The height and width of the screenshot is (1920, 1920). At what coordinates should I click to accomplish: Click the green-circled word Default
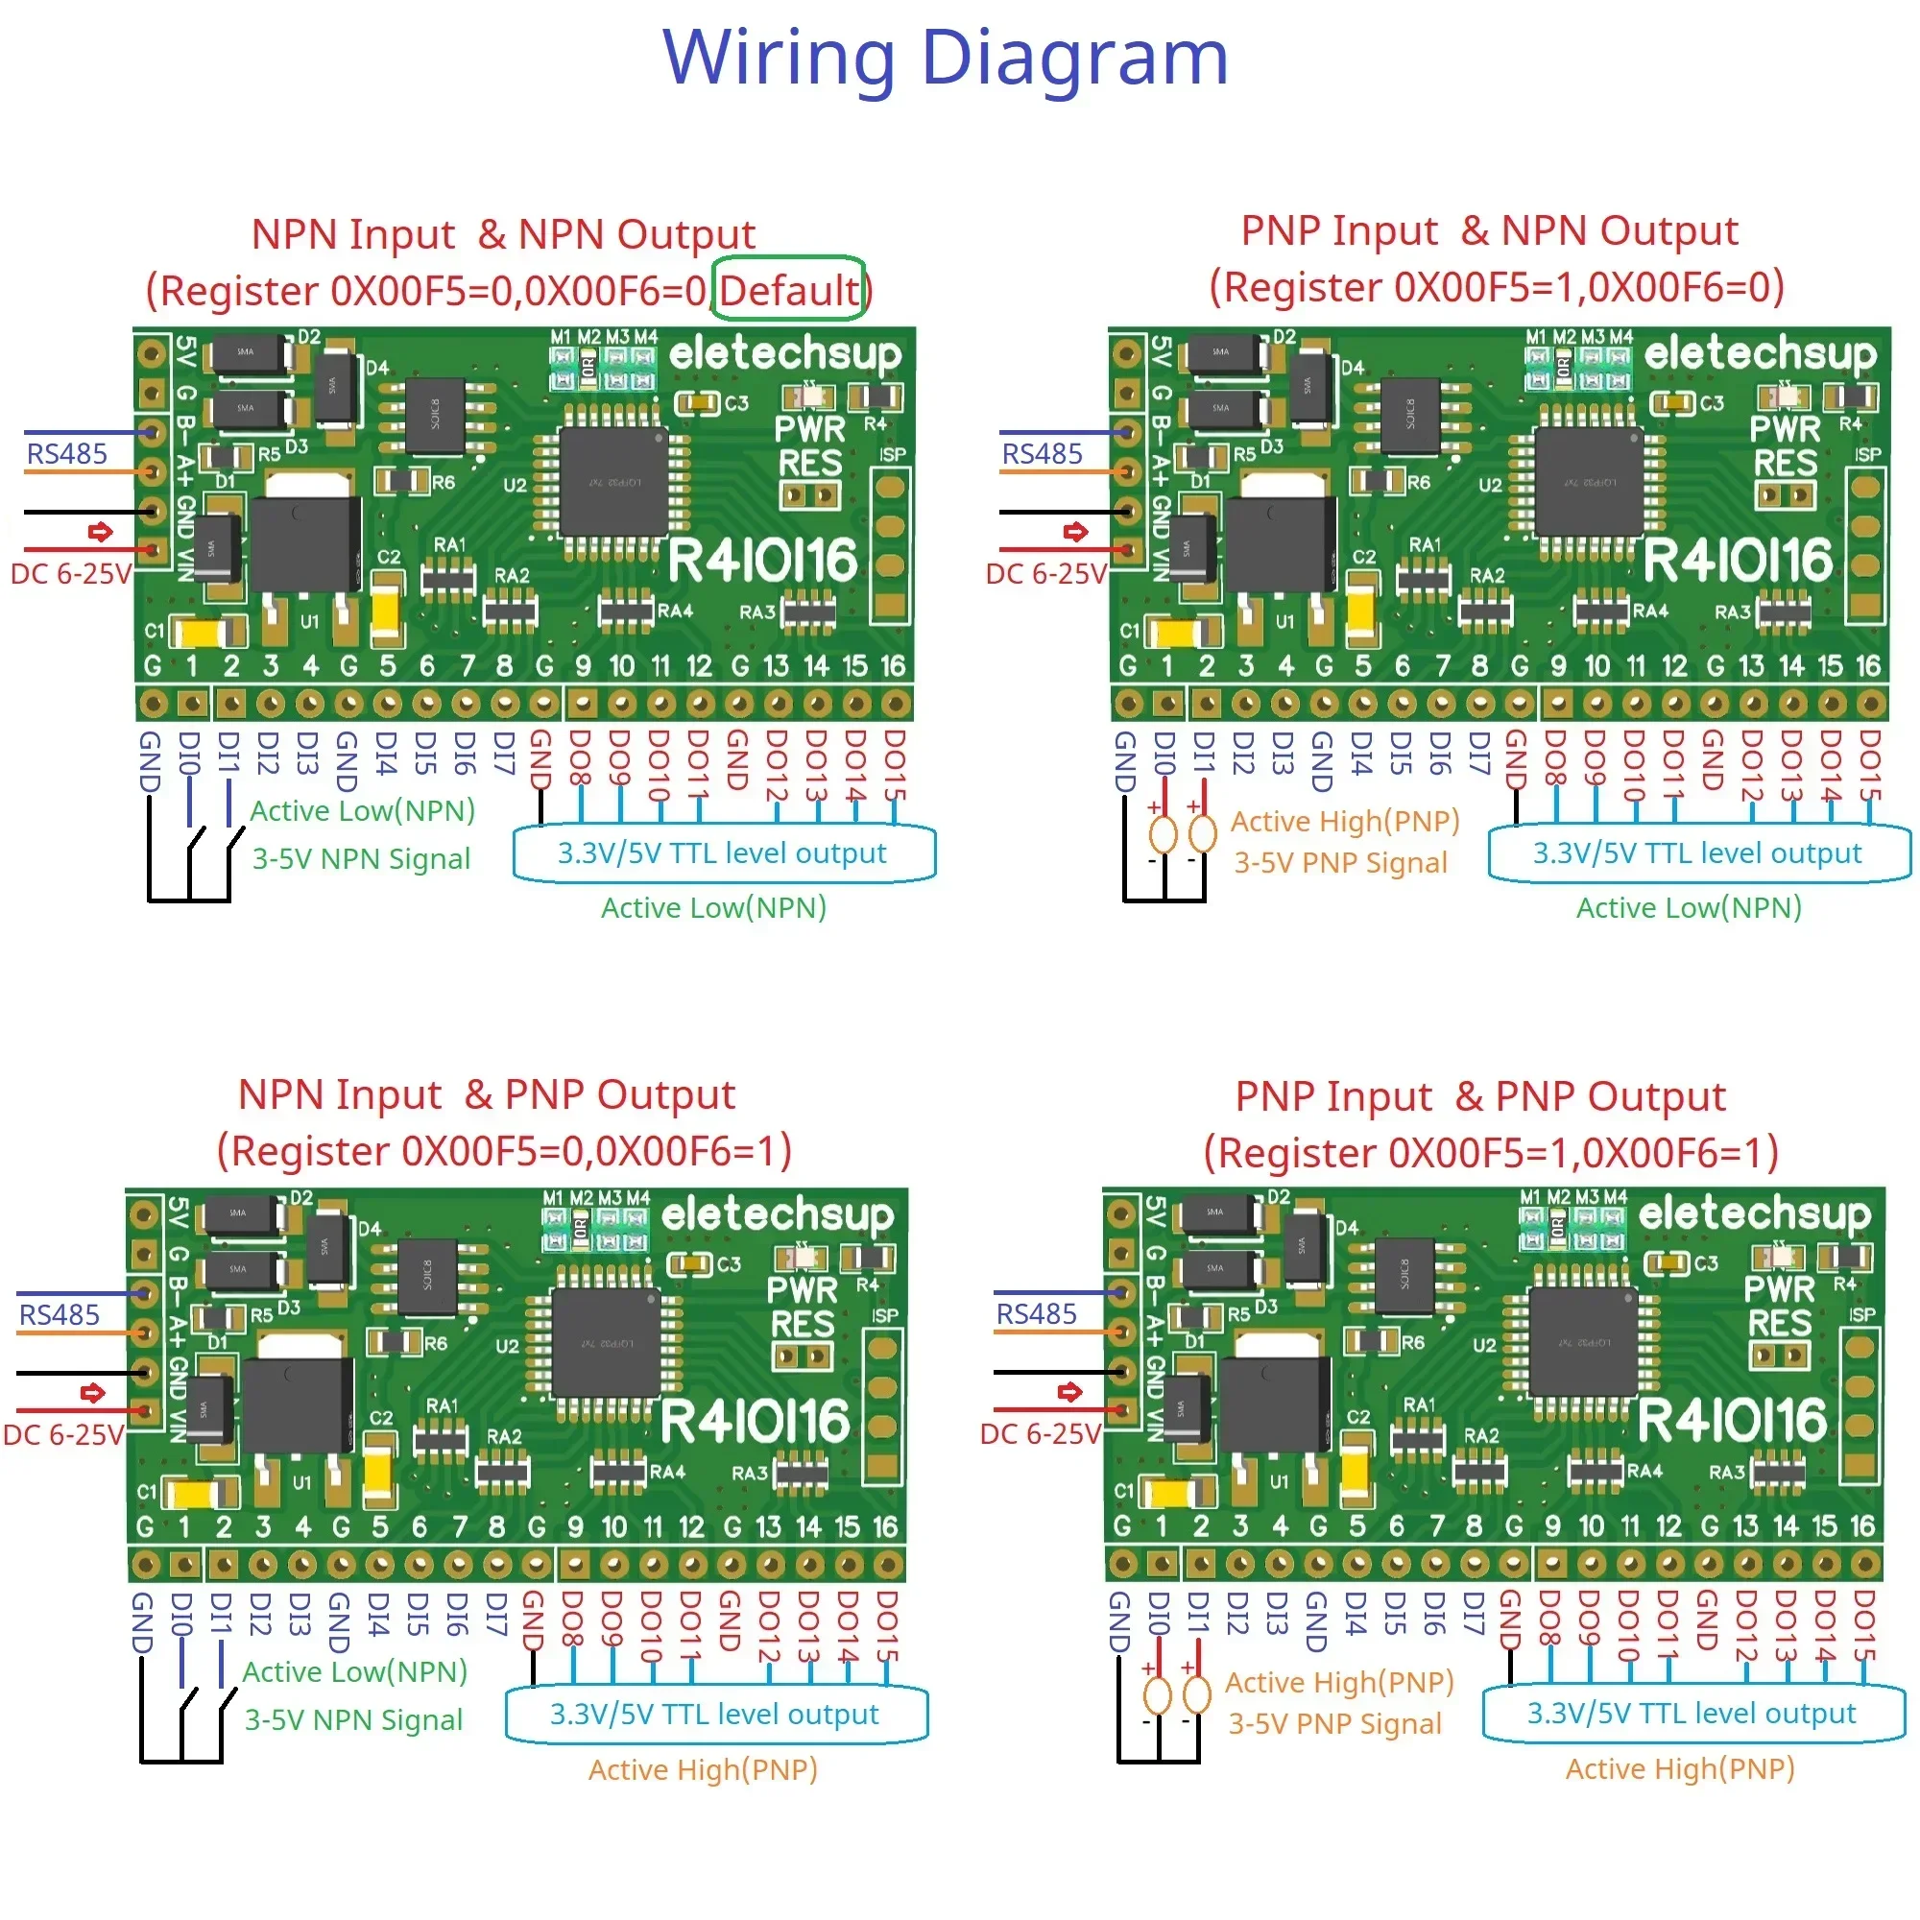pos(788,290)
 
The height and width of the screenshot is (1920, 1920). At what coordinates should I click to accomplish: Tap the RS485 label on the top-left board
pos(66,453)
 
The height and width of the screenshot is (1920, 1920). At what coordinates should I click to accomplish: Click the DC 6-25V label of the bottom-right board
pos(1040,1434)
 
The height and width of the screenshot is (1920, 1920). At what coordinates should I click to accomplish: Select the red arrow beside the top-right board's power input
pos(1075,532)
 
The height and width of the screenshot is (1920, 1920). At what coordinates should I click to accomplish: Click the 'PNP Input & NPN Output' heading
pos(1489,230)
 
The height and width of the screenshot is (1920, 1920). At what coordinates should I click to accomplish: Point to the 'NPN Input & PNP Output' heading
pos(486,1094)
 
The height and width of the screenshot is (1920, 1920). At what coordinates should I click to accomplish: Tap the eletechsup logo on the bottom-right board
pos(1754,1213)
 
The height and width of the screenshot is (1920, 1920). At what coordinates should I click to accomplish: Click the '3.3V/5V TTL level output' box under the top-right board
pos(1696,852)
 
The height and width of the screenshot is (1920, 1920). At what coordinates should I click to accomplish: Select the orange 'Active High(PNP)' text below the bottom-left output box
pos(703,1770)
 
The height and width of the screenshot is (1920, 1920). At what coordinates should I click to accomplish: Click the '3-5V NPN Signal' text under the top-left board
pos(361,858)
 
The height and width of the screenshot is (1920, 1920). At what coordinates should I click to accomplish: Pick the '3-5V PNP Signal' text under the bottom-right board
pos(1333,1723)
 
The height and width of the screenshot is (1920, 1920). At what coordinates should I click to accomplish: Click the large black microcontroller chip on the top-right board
pos(1586,481)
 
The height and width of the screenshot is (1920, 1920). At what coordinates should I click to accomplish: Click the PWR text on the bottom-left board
pos(802,1290)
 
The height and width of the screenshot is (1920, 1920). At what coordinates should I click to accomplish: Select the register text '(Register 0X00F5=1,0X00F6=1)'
pos(1490,1153)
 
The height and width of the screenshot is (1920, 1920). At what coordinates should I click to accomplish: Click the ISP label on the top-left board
pos(892,454)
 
